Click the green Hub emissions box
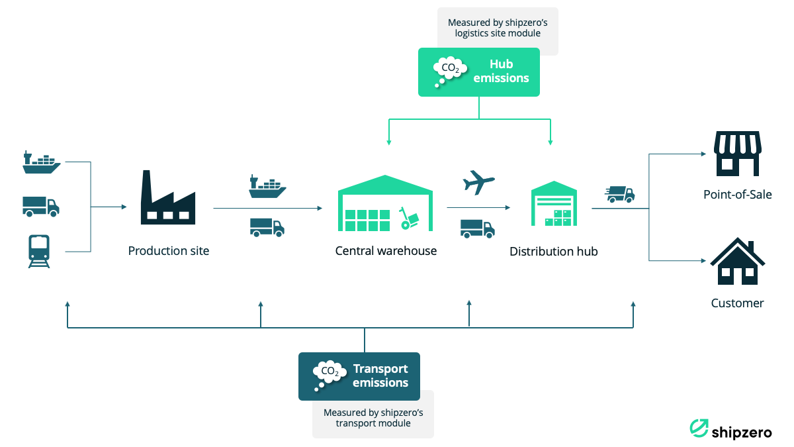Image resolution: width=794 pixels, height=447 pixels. tap(478, 72)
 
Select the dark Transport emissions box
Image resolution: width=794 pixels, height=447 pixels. tap(359, 376)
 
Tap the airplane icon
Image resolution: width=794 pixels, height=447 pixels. tap(479, 181)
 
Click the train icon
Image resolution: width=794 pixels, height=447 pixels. tap(39, 251)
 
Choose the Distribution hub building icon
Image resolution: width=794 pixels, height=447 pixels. tap(554, 205)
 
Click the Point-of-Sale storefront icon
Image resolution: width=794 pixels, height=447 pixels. tap(737, 153)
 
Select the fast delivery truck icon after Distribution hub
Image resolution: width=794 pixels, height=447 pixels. tap(621, 194)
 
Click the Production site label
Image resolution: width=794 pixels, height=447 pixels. tap(169, 251)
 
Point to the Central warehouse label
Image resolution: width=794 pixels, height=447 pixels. tap(386, 251)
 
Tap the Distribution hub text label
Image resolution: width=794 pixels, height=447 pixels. tap(554, 252)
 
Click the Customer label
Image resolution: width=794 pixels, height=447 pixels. tap(737, 303)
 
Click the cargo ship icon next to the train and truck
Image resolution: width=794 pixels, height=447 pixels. tap(41, 162)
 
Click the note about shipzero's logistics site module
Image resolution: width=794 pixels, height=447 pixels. tap(498, 28)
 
